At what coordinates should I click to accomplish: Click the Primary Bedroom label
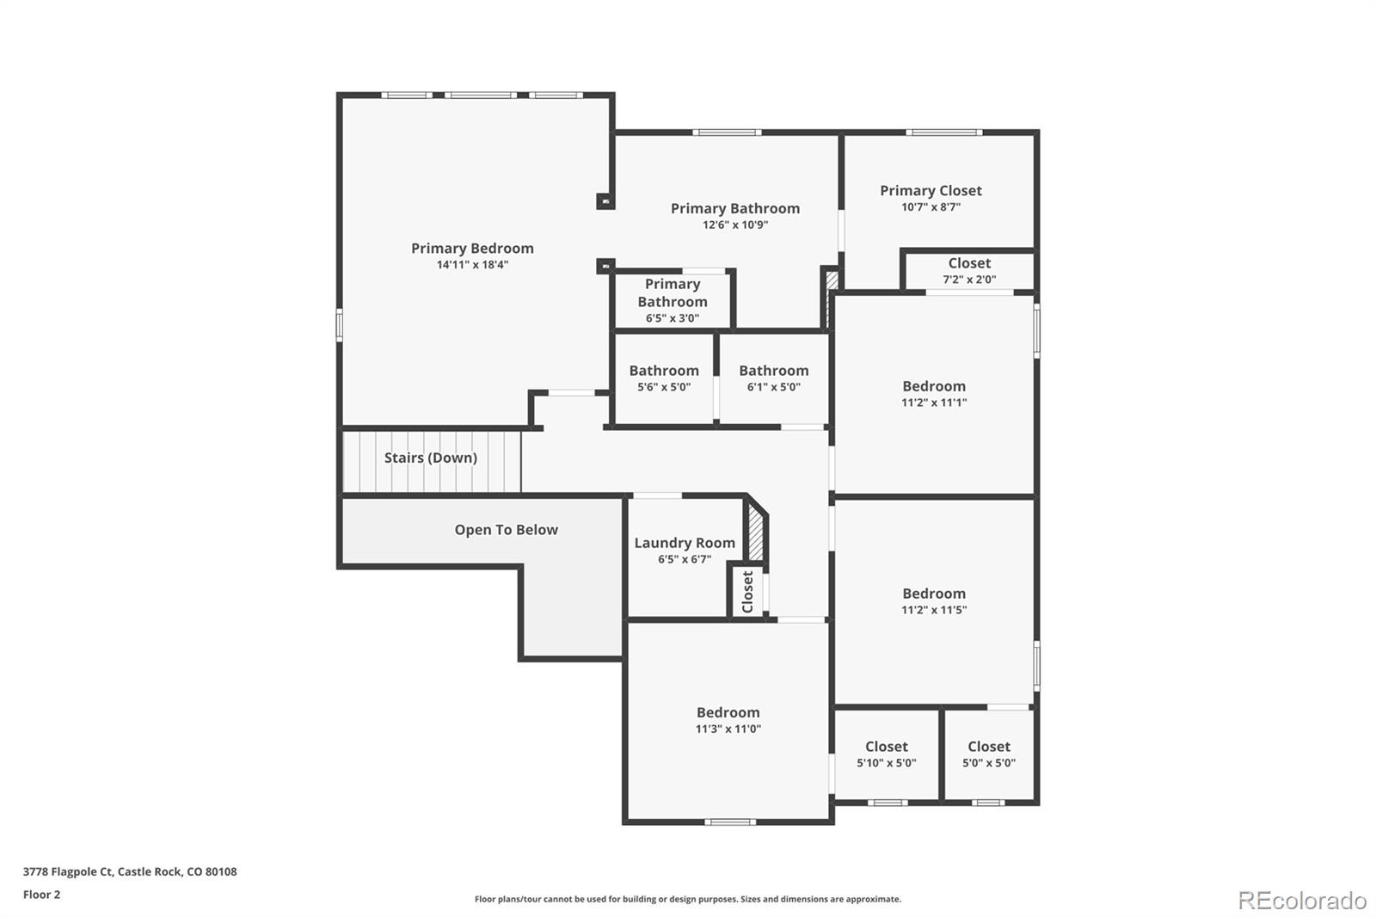(x=472, y=249)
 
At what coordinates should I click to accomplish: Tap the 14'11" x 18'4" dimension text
(x=472, y=265)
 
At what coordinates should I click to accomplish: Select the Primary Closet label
(x=931, y=191)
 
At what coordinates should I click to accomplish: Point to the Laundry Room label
(x=685, y=543)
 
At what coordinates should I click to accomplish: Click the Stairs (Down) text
(x=430, y=458)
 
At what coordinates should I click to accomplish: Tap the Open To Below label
(x=506, y=530)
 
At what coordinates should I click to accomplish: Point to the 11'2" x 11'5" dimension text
(x=934, y=610)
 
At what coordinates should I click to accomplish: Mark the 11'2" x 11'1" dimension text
(x=934, y=403)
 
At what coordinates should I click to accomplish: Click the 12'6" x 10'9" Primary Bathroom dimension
(x=734, y=225)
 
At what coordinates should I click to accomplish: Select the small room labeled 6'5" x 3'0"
(x=672, y=300)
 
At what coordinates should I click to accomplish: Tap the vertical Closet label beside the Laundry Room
(x=747, y=592)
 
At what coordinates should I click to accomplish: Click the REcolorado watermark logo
(x=1301, y=901)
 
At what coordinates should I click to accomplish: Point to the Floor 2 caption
(x=41, y=895)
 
